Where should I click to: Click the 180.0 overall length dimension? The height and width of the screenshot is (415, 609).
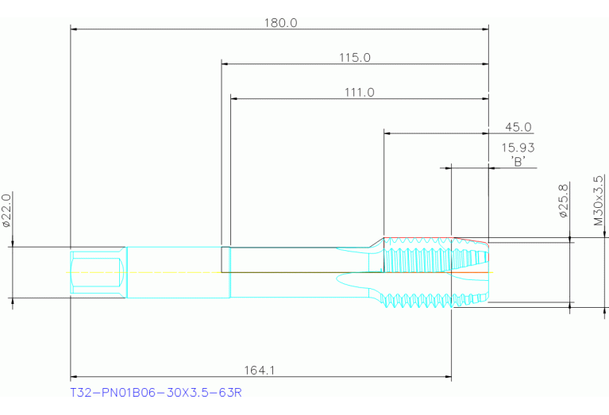pos(280,22)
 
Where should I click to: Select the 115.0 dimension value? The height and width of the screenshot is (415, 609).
pos(355,57)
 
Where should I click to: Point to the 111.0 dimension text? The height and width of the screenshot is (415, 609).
pos(359,92)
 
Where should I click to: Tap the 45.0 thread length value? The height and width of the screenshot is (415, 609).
pos(518,127)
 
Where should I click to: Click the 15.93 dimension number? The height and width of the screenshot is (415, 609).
pos(518,148)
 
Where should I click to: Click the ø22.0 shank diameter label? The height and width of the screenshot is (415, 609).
pos(7,210)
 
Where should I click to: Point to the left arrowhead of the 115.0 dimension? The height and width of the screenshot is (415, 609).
pos(225,63)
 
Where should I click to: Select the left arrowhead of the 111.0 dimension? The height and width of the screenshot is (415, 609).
pos(233,99)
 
